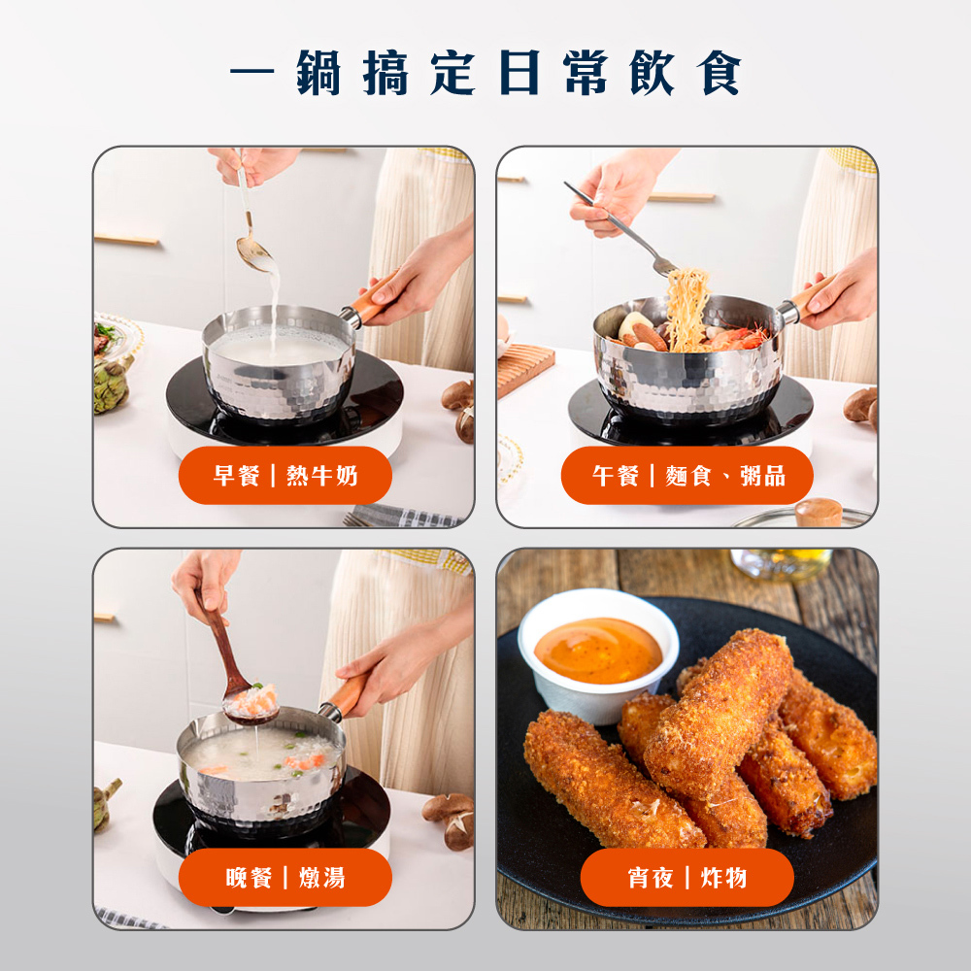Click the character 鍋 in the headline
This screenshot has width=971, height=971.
(x=318, y=73)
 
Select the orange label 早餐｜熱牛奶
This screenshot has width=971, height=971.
(x=285, y=476)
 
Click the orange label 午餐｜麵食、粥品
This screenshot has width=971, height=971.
(x=686, y=476)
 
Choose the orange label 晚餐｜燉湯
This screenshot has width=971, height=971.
(x=285, y=878)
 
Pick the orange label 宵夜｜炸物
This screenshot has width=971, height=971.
(x=686, y=878)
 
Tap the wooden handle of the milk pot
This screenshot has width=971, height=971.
(x=375, y=297)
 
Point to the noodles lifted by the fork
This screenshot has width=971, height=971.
(x=686, y=310)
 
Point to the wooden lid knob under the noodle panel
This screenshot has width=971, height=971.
(x=818, y=512)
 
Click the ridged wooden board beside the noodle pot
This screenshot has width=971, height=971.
(x=525, y=368)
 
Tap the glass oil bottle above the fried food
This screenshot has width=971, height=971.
(x=782, y=563)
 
